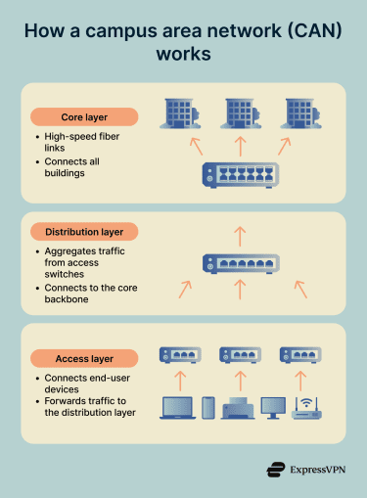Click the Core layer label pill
click(x=84, y=117)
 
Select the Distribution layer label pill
click(x=84, y=232)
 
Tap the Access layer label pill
click(x=84, y=357)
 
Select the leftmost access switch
click(x=180, y=355)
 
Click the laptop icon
click(x=178, y=408)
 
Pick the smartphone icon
click(x=207, y=408)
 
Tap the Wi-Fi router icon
click(x=306, y=406)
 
